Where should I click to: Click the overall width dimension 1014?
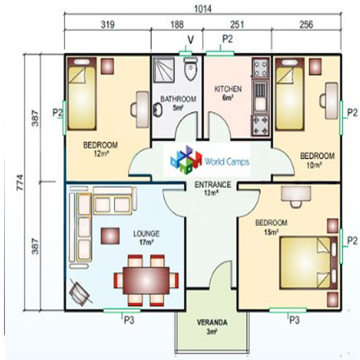(203, 9)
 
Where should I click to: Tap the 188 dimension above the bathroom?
(177, 25)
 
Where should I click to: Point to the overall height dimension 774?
(20, 182)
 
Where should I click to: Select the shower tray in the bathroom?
(164, 70)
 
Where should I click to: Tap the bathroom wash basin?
(158, 110)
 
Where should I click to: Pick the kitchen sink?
(260, 97)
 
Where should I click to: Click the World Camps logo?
(210, 160)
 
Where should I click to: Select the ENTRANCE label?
(213, 185)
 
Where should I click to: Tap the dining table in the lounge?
(146, 281)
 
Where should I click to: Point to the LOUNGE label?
(146, 233)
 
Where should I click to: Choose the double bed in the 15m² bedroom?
(309, 263)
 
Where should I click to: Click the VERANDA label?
(212, 323)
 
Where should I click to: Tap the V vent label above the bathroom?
(191, 40)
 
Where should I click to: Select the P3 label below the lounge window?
(129, 320)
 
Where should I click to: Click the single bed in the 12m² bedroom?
(82, 94)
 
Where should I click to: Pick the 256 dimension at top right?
(306, 25)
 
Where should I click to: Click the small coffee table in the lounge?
(110, 236)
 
